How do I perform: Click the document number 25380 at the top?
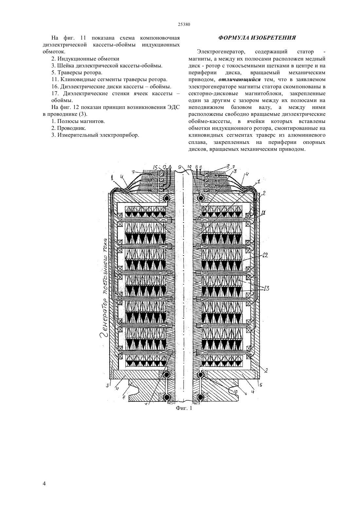(184, 25)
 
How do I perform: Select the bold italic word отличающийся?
(240, 80)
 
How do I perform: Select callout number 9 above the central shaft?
(180, 167)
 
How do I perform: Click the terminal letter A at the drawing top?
(170, 167)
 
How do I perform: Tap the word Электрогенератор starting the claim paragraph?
(221, 52)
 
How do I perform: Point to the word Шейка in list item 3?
(65, 66)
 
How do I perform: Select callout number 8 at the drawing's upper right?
(228, 166)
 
